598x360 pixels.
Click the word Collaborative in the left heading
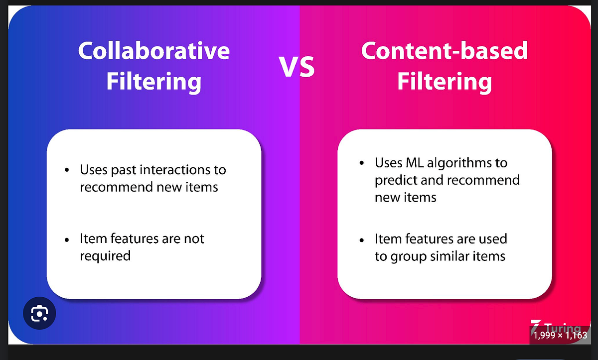(x=153, y=51)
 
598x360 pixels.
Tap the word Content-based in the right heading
(x=444, y=51)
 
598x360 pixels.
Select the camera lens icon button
(x=39, y=313)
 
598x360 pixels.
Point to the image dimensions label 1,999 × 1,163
(x=560, y=335)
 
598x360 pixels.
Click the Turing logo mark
(x=536, y=326)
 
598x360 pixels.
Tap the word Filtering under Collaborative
(x=153, y=82)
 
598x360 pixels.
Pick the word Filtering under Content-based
(x=444, y=82)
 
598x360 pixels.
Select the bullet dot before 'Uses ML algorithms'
(x=362, y=164)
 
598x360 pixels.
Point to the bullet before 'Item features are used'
(x=362, y=240)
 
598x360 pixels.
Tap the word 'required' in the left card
(x=105, y=256)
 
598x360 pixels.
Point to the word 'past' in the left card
(x=124, y=170)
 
